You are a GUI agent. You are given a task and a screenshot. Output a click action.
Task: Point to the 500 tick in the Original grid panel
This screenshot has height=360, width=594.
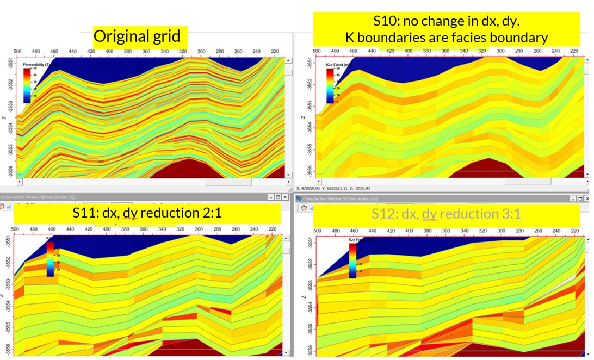pyautogui.click(x=18, y=51)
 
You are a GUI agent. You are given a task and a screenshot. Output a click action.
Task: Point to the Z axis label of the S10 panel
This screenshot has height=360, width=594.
pyautogui.click(x=304, y=115)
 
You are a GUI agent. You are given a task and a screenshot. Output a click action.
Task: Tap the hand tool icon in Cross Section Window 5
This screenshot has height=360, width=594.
pyautogui.click(x=301, y=207)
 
